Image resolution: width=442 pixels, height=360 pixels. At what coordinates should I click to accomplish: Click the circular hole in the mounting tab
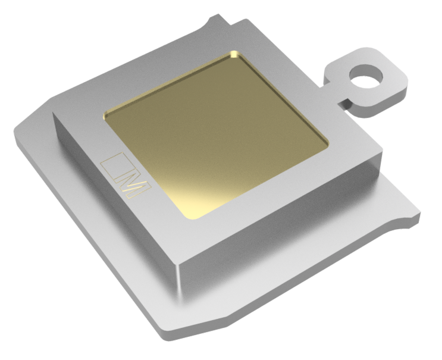(x=366, y=76)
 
